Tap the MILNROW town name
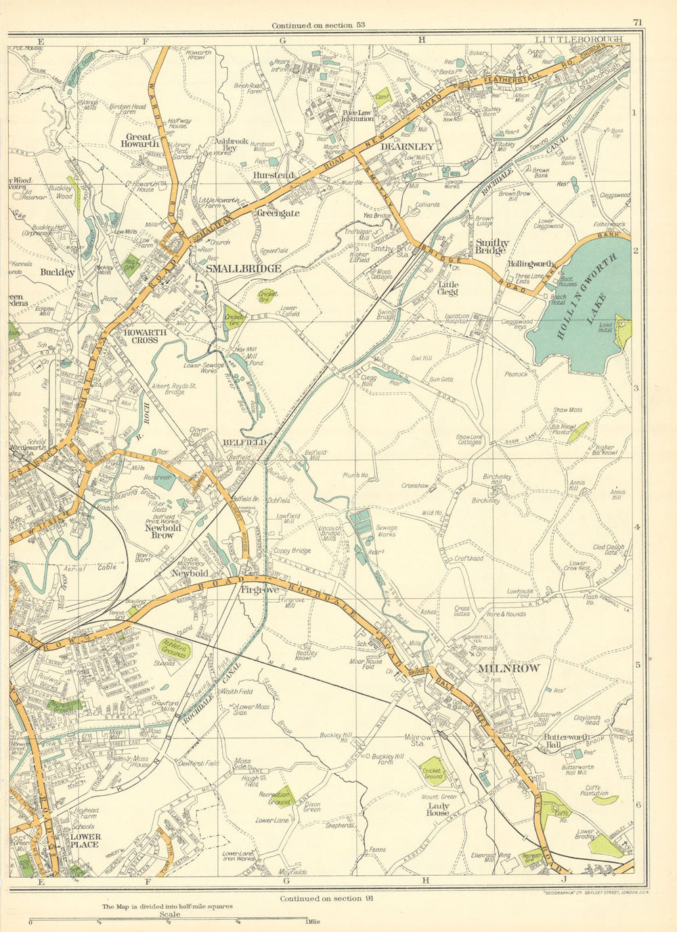(509, 669)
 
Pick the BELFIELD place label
(243, 442)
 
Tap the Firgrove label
(261, 589)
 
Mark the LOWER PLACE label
(85, 841)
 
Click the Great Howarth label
(140, 140)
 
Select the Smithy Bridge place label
(492, 246)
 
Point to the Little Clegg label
(448, 289)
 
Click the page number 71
(637, 22)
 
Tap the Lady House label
(437, 809)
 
